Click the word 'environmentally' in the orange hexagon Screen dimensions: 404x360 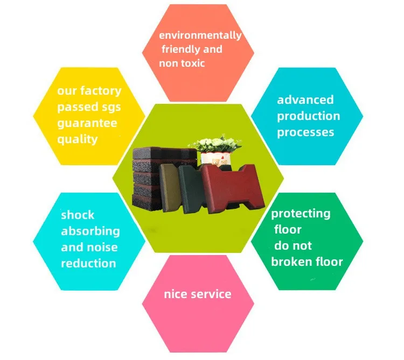(200, 36)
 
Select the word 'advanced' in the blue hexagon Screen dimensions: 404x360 (305, 100)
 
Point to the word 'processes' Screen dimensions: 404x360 (306, 132)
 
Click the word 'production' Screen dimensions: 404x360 (309, 116)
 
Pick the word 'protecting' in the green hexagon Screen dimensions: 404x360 (301, 214)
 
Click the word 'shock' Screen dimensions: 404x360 (78, 215)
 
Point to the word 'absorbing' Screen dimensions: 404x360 (90, 231)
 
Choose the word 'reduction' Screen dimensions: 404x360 (88, 264)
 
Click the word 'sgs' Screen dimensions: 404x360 (110, 107)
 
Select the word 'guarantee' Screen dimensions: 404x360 (87, 123)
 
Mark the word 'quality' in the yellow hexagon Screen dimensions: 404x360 (78, 139)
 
